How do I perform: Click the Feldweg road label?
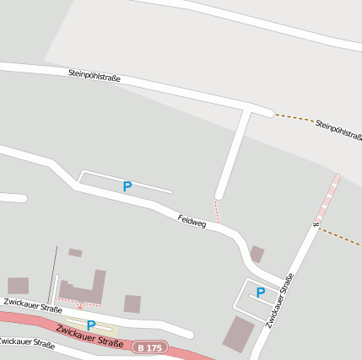192,222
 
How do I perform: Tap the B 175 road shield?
150,347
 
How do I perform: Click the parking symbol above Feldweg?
127,186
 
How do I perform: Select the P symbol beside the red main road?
90,325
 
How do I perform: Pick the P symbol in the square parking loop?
261,293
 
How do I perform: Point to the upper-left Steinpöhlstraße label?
95,77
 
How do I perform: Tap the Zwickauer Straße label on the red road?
90,334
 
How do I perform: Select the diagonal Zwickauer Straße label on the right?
279,301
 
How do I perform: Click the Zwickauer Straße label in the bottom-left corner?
25,342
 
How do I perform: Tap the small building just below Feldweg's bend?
257,254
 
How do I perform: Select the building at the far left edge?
18,286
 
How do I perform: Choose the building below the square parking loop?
238,335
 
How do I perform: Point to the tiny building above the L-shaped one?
75,252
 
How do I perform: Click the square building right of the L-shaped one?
132,304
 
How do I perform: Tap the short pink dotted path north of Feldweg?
217,212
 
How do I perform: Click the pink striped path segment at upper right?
328,196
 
